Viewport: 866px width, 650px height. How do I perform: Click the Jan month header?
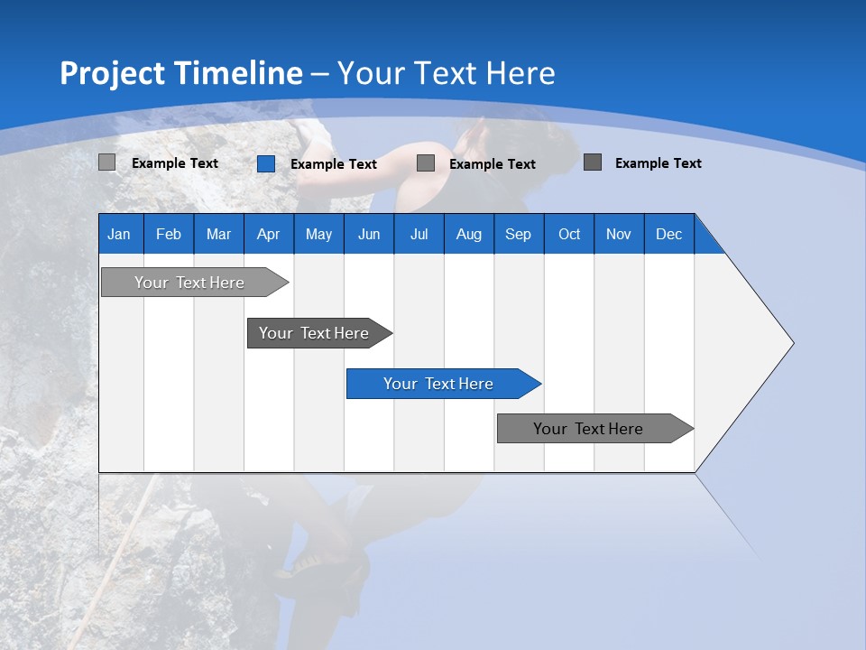[x=119, y=234]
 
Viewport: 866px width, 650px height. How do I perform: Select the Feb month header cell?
[x=169, y=234]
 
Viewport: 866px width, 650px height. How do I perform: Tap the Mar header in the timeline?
[x=218, y=234]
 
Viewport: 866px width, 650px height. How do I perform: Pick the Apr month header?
[x=268, y=234]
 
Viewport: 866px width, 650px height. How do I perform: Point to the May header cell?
[x=318, y=234]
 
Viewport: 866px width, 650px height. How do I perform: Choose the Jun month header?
[x=369, y=234]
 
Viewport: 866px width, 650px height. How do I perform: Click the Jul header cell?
[x=419, y=234]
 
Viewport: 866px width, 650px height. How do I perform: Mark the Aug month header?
[x=469, y=234]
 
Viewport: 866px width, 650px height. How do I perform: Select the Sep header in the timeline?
[x=519, y=234]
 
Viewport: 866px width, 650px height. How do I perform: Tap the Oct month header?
[x=569, y=234]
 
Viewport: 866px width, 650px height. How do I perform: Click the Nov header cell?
[x=619, y=234]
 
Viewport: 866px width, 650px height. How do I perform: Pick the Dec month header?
[x=669, y=234]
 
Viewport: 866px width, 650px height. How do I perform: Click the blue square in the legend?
[x=266, y=163]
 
